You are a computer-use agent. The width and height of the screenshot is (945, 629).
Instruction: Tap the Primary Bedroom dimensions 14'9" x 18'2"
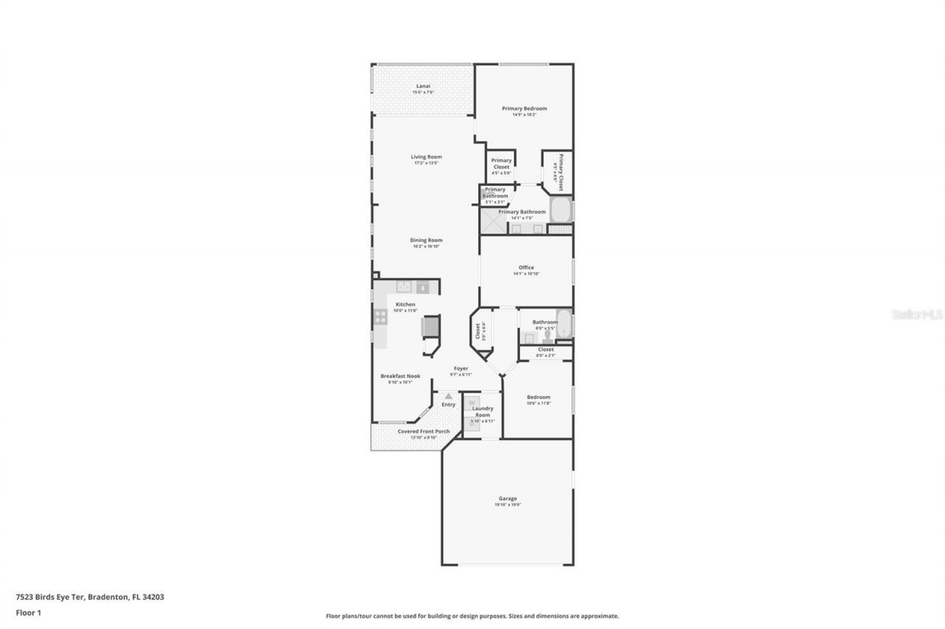(524, 114)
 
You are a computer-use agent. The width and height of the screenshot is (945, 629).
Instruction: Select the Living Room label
(426, 156)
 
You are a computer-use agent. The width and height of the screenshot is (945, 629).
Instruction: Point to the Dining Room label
(426, 240)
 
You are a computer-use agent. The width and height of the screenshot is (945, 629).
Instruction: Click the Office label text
(526, 268)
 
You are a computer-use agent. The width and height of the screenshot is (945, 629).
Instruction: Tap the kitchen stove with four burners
(381, 316)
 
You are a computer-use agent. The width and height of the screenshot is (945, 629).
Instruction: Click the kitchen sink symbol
(405, 287)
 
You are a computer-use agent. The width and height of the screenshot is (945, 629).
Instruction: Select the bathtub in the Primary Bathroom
(562, 211)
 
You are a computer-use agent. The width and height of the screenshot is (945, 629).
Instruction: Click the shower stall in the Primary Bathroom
(493, 221)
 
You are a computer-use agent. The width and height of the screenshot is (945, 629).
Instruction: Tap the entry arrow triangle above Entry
(448, 396)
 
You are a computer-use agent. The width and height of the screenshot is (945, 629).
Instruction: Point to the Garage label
(507, 498)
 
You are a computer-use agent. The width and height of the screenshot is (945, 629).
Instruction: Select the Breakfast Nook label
(400, 375)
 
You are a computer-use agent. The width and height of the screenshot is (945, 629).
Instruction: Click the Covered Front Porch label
(423, 431)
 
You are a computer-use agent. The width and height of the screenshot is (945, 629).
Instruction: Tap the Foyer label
(461, 368)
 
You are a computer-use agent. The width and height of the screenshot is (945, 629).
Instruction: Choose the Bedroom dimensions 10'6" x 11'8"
(538, 403)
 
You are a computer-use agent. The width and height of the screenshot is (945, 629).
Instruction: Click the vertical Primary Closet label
(560, 172)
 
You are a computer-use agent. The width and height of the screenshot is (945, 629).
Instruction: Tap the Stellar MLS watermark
(917, 314)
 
